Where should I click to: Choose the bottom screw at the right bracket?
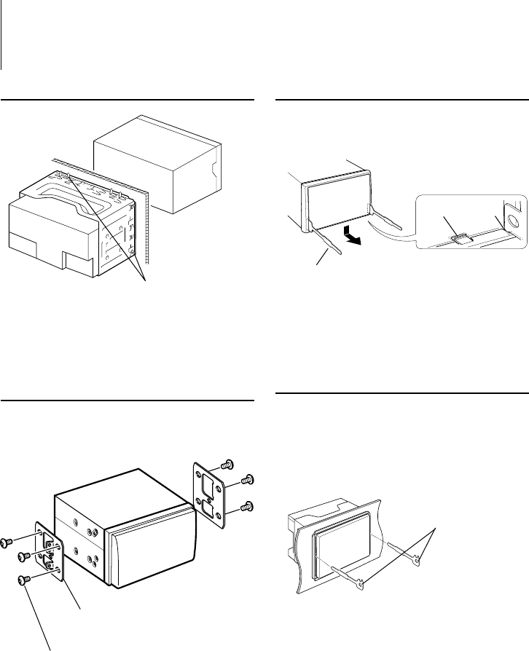[247, 506]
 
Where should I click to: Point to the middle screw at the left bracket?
[24, 556]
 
